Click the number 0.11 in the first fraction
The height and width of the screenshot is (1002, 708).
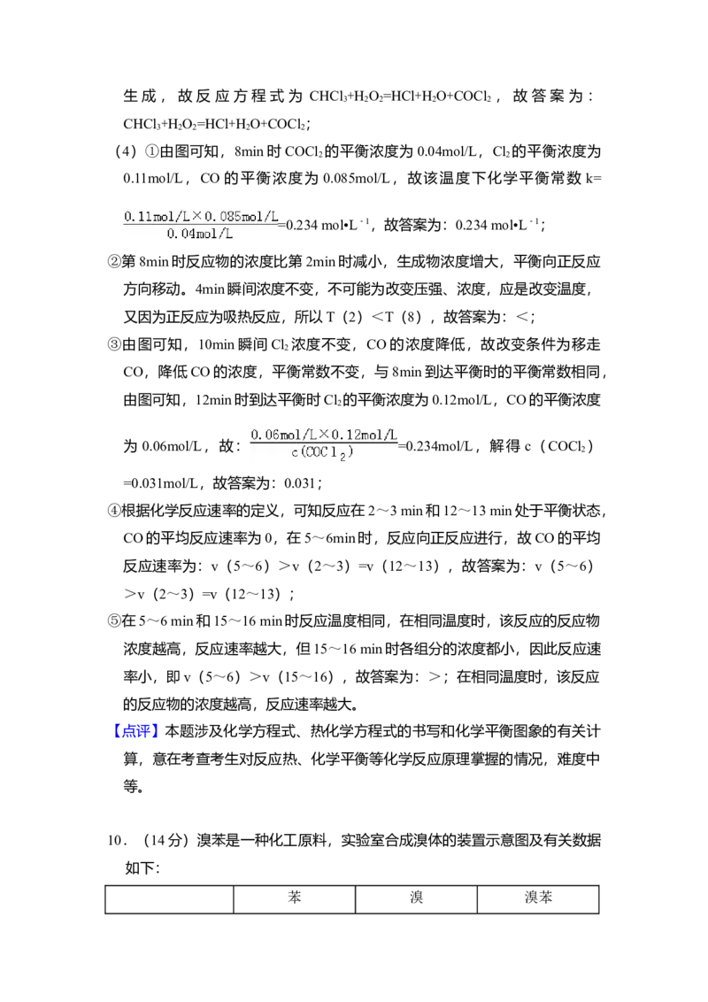pyautogui.click(x=135, y=215)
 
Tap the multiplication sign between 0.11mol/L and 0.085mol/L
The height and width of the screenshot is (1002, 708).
pyautogui.click(x=196, y=215)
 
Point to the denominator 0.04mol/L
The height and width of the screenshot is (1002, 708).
pyautogui.click(x=200, y=234)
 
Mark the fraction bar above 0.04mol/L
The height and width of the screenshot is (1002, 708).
pyautogui.click(x=202, y=224)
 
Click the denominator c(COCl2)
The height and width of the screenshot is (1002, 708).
pyautogui.click(x=323, y=453)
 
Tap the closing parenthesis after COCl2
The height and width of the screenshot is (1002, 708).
pyautogui.click(x=350, y=453)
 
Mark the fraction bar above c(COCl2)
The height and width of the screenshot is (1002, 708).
pyautogui.click(x=324, y=443)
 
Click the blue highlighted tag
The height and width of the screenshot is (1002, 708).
pyautogui.click(x=137, y=732)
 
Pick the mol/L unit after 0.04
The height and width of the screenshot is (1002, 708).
pyautogui.click(x=217, y=234)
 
